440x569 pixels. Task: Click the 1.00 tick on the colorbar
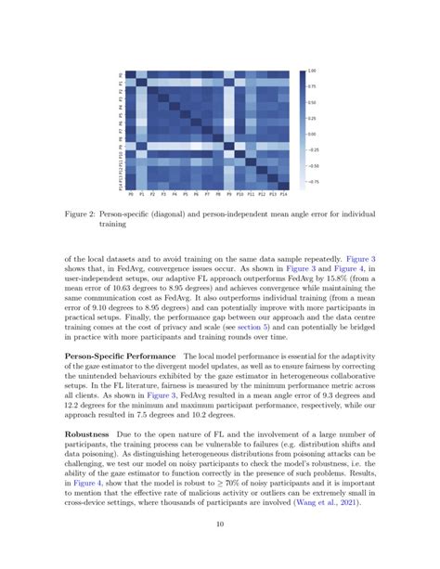pos(312,71)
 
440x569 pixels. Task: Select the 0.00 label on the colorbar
pos(312,134)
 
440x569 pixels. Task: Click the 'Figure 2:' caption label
pos(90,213)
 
